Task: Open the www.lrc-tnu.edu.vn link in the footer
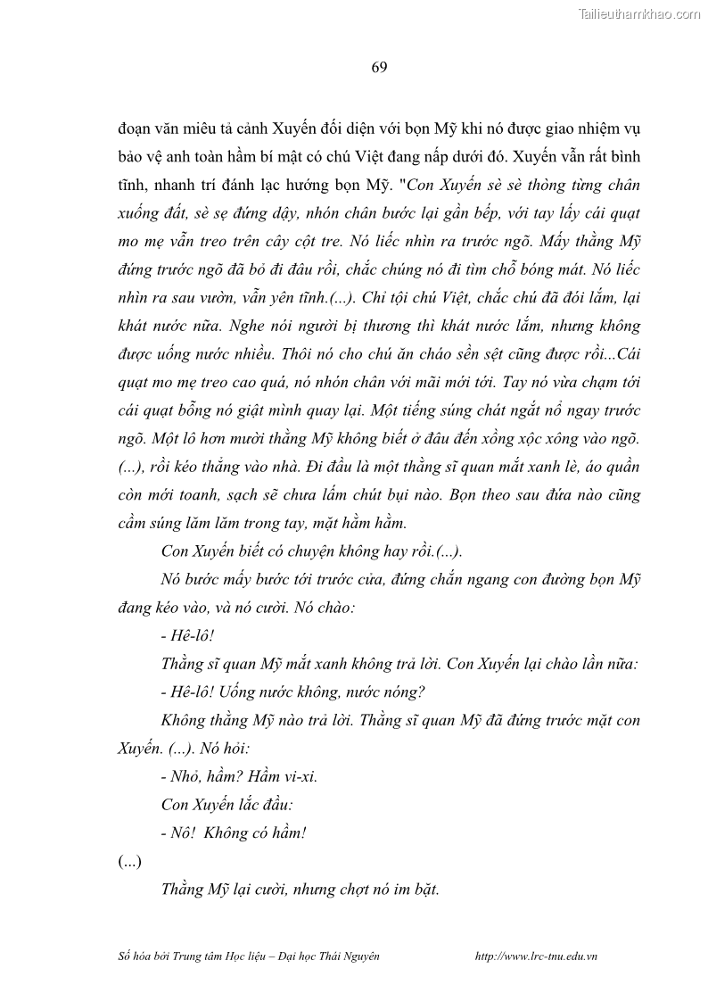[x=537, y=956]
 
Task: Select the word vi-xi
[x=299, y=775]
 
